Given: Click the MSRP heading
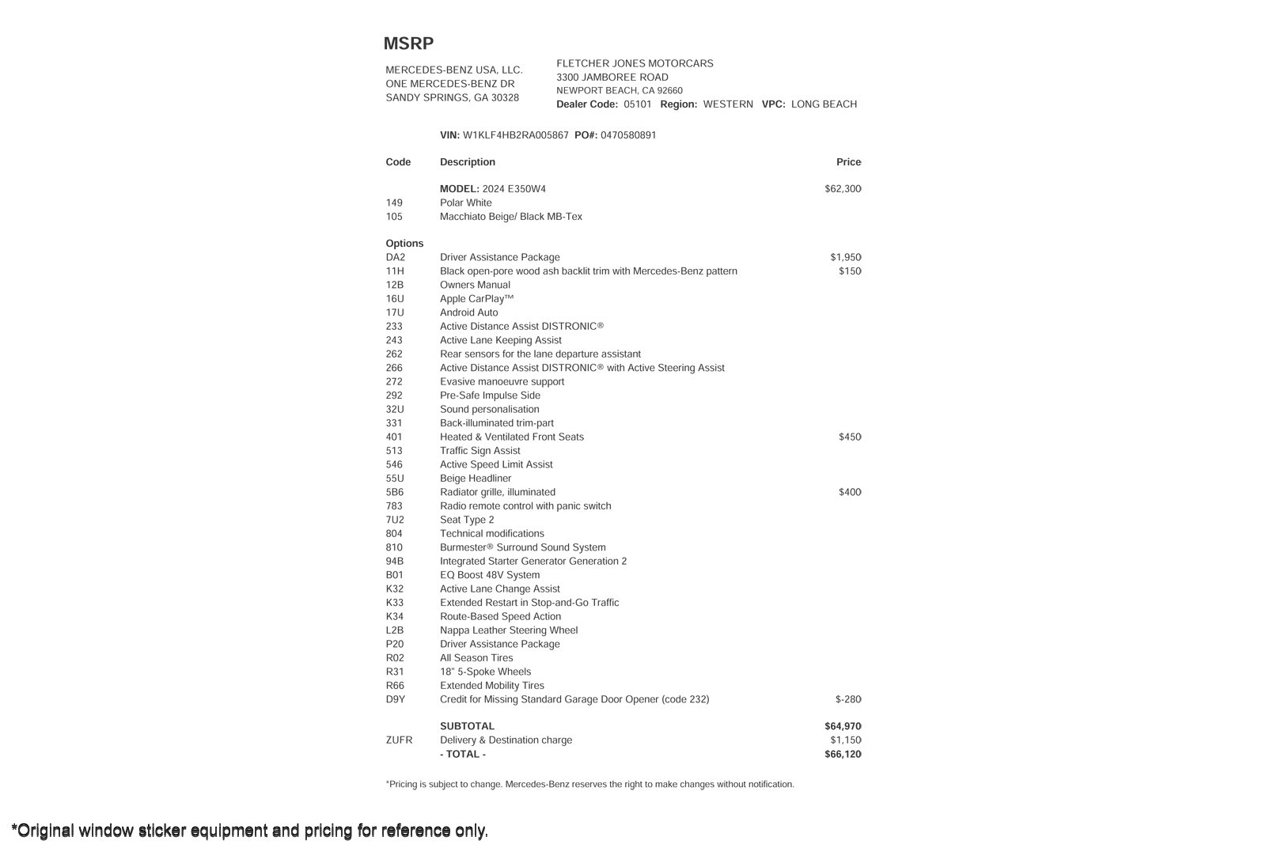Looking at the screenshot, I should (408, 44).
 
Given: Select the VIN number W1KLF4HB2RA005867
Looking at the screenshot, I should (515, 135).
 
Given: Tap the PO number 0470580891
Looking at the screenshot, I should (628, 135).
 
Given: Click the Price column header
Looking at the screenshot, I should (848, 162).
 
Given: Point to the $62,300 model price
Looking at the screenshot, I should (843, 189).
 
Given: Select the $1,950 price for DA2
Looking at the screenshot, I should (845, 257).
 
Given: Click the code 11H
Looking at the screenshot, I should (394, 271).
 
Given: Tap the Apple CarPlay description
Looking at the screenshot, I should (476, 299).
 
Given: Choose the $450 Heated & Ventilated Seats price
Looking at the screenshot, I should (850, 437).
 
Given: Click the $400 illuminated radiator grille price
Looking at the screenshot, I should (850, 492).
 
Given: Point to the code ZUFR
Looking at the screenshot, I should (399, 740).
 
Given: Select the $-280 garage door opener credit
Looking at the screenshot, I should (847, 699).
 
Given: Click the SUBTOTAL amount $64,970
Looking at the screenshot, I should (843, 726).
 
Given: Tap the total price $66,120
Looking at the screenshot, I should (843, 755).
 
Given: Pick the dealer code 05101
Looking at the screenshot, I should (637, 104).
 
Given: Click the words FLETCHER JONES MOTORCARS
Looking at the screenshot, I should (635, 63).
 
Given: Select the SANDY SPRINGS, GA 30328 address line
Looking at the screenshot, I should (452, 98).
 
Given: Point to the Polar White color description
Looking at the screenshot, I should (465, 203).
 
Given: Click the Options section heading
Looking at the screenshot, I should (404, 244).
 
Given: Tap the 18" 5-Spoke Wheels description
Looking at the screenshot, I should (485, 672).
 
